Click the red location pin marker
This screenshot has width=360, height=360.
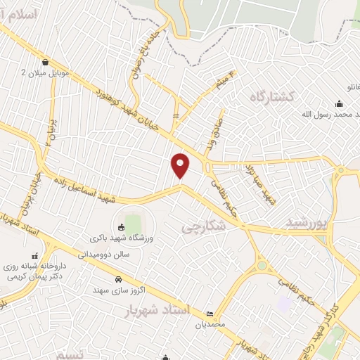(181, 165)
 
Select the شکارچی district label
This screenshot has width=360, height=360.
(203, 227)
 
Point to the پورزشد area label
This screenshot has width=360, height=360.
(307, 223)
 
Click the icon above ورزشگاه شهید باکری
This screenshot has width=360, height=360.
(121, 226)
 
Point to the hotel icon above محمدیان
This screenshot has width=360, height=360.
(210, 314)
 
